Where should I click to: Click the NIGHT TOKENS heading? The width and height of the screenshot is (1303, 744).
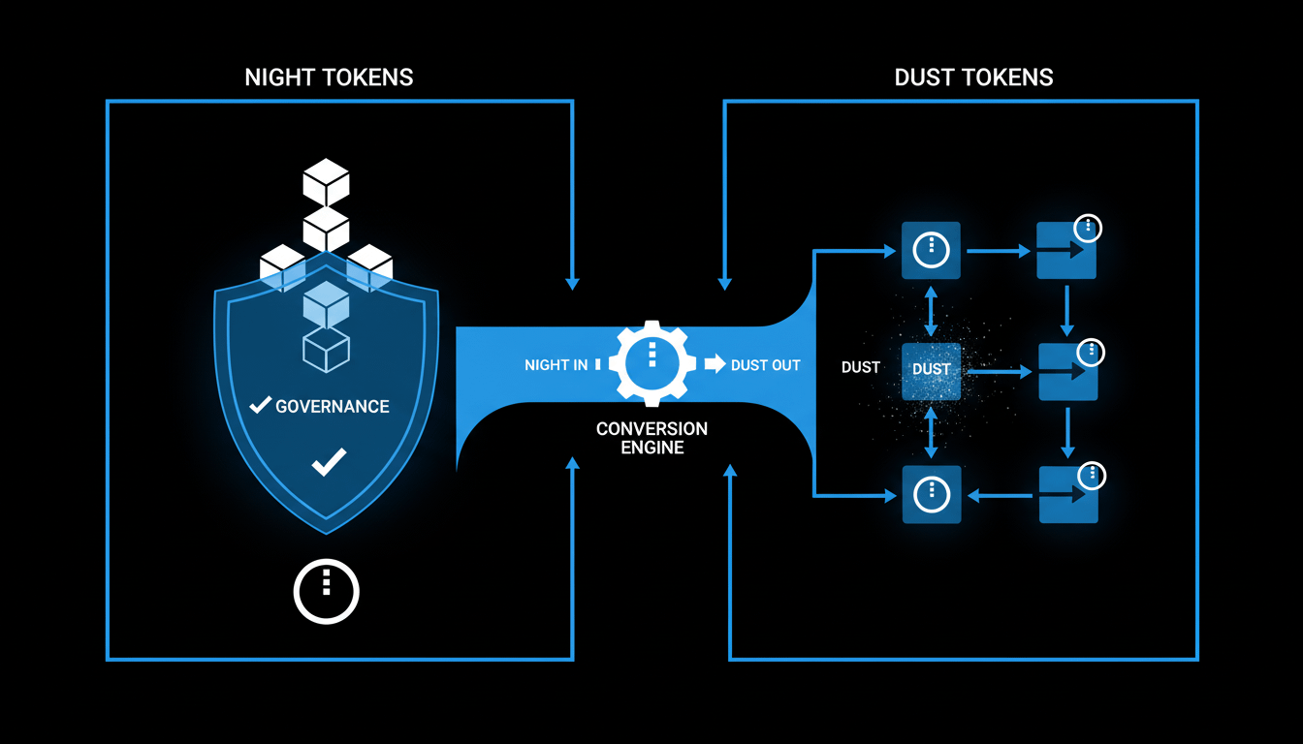(x=329, y=77)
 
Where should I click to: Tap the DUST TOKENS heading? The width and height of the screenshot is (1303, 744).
(x=973, y=77)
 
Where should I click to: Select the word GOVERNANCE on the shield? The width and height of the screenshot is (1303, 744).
(x=333, y=406)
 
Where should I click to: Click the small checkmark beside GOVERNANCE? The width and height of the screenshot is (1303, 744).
(x=260, y=405)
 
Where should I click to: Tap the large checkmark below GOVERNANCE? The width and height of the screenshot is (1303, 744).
(x=328, y=462)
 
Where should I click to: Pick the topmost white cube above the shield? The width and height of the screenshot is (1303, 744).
(x=326, y=182)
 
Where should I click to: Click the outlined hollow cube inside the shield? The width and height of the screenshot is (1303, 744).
(x=326, y=349)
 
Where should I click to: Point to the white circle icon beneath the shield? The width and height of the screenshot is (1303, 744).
(x=327, y=589)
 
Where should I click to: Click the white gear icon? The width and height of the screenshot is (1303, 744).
(x=651, y=363)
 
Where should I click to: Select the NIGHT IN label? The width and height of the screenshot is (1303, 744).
(x=556, y=365)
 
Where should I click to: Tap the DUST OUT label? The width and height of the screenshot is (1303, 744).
(x=765, y=365)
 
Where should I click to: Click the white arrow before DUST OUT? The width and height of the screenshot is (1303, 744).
(x=715, y=364)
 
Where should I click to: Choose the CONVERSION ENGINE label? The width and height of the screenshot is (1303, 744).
(x=651, y=438)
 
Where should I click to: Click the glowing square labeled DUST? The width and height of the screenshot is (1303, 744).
(x=931, y=370)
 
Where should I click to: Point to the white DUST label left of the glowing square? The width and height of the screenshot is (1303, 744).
(x=861, y=368)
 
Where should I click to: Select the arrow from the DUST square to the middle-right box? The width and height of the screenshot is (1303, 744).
(x=999, y=371)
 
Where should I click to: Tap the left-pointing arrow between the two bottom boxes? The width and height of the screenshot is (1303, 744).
(x=1002, y=495)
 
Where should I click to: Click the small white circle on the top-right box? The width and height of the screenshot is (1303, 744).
(x=1089, y=229)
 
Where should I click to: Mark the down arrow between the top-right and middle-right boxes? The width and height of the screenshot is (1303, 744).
(x=1067, y=310)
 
